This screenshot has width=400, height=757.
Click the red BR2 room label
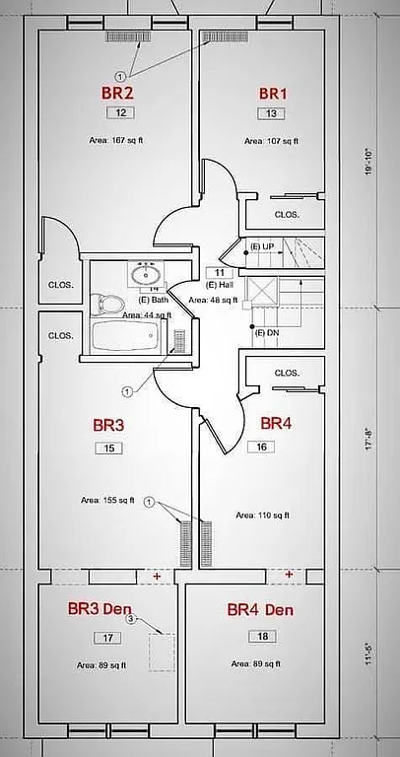[117, 93]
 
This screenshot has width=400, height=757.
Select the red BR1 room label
[272, 93]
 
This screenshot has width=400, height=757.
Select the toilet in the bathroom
[107, 303]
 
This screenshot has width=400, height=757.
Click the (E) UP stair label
[262, 245]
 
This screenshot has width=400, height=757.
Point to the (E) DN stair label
[266, 332]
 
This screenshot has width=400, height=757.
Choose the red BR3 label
[108, 426]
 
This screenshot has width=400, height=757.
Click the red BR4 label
[276, 423]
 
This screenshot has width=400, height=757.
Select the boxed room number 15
[108, 448]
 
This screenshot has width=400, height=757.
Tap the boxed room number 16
[262, 447]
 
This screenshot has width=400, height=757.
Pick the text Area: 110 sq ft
[263, 515]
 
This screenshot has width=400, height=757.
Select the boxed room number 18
[263, 636]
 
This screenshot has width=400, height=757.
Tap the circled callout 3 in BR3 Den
[130, 621]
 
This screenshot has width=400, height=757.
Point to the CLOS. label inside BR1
[287, 214]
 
